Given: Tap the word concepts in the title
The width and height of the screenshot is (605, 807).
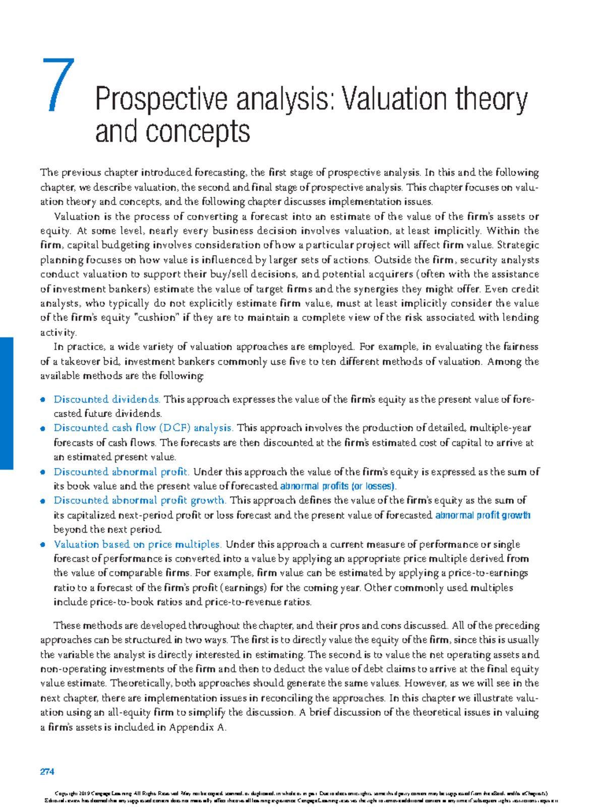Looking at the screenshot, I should [x=198, y=132].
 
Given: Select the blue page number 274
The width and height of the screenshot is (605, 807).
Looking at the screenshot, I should [x=47, y=772].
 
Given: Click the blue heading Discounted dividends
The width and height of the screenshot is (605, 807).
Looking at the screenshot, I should [x=107, y=399].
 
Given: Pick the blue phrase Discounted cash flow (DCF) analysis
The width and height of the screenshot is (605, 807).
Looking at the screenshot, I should [x=143, y=428].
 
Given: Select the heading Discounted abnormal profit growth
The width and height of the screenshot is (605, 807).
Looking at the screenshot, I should [x=140, y=500].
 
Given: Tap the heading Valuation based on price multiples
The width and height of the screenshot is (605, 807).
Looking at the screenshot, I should [x=137, y=544].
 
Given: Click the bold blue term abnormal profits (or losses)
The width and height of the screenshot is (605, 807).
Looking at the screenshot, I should [x=338, y=486].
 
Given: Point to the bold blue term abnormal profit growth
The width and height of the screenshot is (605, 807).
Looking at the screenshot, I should [x=482, y=515].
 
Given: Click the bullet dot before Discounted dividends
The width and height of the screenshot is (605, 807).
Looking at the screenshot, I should [x=43, y=400].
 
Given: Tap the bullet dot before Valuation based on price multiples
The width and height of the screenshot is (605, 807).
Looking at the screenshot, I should [x=43, y=545].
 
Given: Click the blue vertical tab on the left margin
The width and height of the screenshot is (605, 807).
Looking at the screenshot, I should [x=6, y=403].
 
